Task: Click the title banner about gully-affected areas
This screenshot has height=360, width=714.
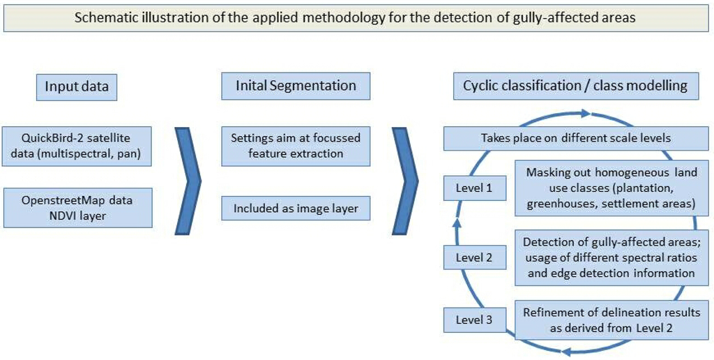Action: tap(355, 17)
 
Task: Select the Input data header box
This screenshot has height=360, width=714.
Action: tap(77, 87)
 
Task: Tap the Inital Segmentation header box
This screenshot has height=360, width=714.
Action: tap(296, 86)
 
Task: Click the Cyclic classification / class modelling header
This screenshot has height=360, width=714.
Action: tap(575, 86)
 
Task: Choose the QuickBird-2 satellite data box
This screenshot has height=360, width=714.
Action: tap(77, 146)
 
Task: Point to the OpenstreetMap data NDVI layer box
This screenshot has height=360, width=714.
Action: tap(77, 207)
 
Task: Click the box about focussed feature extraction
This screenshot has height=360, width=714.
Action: tap(296, 146)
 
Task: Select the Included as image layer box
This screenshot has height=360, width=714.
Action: tap(296, 208)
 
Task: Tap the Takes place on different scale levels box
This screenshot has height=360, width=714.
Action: tap(575, 138)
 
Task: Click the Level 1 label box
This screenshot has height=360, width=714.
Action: tap(474, 188)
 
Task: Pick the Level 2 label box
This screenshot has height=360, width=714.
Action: tap(474, 257)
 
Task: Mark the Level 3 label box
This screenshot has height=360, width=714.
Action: tap(474, 320)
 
